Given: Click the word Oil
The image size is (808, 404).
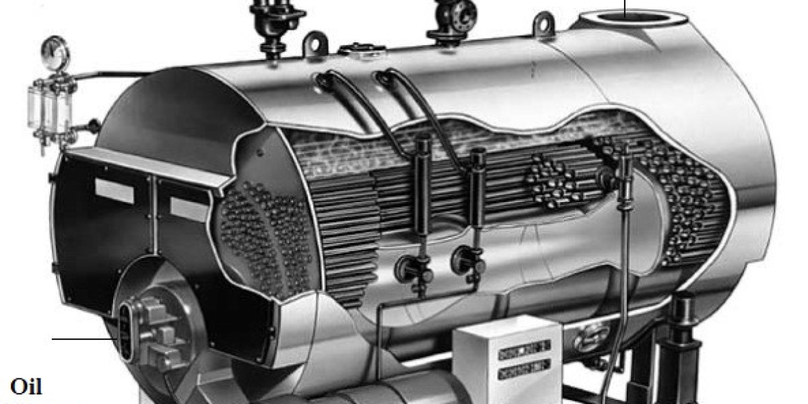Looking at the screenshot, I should [x=26, y=387].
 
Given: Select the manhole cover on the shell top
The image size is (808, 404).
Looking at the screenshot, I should [x=360, y=48].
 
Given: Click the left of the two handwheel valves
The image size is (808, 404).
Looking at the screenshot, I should [x=408, y=267].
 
